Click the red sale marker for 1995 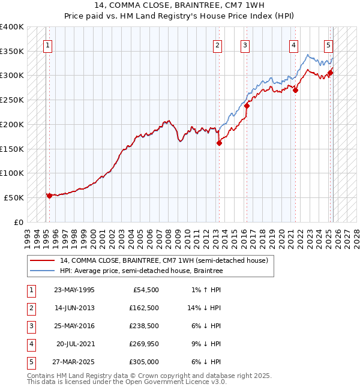tap(49, 196)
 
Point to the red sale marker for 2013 tap(219, 143)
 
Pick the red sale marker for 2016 tap(247, 106)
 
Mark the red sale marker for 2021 tap(295, 90)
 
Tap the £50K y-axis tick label tap(14, 197)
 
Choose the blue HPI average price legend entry tap(141, 271)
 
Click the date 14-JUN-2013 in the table tap(74, 308)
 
